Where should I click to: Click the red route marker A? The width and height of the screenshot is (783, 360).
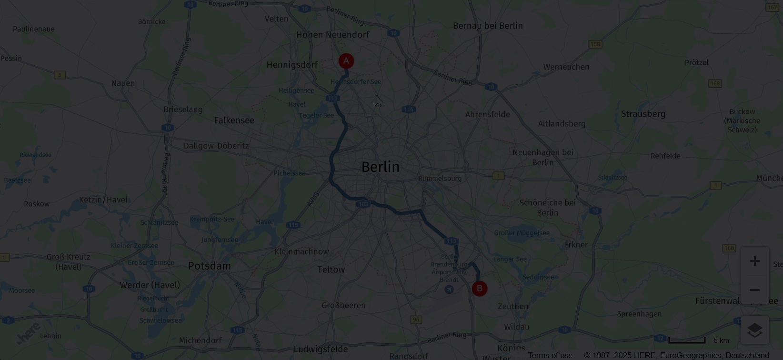point(346,61)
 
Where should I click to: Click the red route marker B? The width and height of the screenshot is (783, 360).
point(480,289)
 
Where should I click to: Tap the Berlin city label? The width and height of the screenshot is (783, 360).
point(380,167)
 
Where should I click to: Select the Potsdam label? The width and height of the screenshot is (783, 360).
point(209,266)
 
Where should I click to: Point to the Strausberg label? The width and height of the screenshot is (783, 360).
point(643,114)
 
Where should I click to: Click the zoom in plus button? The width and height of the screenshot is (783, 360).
point(754,261)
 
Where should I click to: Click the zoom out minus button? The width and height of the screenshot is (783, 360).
point(754,290)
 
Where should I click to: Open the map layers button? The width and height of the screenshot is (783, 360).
point(754,330)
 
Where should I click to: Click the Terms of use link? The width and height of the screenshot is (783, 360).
point(550,355)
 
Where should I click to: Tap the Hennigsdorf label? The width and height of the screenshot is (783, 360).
point(292,65)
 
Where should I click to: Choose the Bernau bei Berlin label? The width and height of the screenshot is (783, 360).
point(488,26)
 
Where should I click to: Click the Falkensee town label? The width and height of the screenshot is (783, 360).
point(234,120)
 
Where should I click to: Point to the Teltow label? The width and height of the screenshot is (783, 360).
point(331,270)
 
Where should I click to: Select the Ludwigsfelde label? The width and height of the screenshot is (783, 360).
point(321,349)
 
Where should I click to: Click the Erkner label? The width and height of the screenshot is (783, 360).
point(575,245)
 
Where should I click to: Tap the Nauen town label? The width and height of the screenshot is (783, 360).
point(123,83)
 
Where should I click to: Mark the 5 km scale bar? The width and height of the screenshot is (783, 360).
point(687,340)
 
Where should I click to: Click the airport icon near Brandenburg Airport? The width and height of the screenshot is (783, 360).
point(449,290)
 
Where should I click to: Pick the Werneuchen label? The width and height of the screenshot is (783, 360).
point(566,67)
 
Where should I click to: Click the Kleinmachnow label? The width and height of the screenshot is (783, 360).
point(301,251)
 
